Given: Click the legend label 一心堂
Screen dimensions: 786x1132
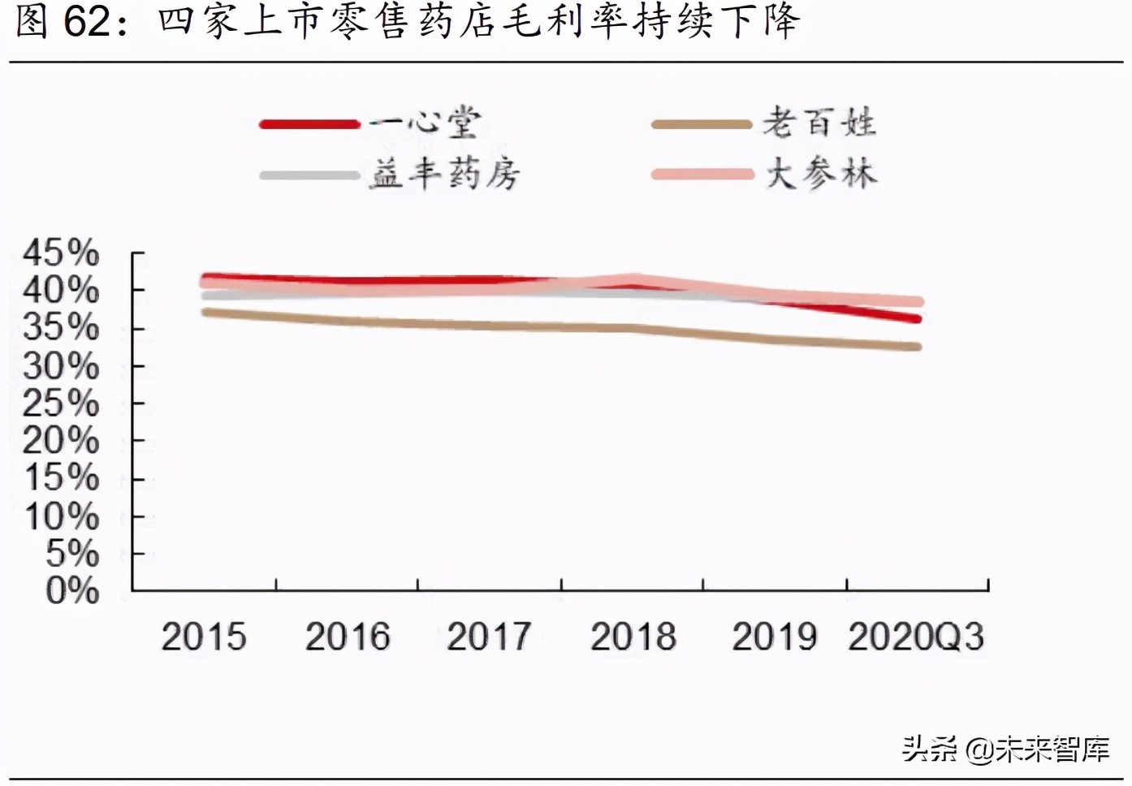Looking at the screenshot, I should point(426,123).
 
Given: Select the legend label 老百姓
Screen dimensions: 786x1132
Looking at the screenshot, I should point(819,123).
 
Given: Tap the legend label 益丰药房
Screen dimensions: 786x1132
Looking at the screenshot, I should point(444,174).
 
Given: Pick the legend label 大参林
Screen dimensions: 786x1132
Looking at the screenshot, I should point(820,174).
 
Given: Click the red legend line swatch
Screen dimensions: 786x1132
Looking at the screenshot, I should point(309,124).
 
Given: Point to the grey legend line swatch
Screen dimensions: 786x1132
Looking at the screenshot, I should point(309,175).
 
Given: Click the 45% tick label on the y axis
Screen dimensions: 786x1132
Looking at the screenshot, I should point(61,253).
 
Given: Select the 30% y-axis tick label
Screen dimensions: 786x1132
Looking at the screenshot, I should point(61,366).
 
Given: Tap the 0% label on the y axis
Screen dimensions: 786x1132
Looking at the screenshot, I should point(71,590).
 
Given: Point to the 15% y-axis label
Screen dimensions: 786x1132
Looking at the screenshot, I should point(61,477).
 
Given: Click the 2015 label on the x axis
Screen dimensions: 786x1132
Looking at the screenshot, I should point(203,637).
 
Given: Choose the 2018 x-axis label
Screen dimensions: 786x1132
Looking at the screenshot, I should point(633,637).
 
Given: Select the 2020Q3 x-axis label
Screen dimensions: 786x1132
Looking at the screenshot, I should point(916,637).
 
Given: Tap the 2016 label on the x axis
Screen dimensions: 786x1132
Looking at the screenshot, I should point(348,637).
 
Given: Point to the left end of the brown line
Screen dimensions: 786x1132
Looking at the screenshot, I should point(205,312).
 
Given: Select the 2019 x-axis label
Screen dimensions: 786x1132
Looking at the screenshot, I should point(774,637).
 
